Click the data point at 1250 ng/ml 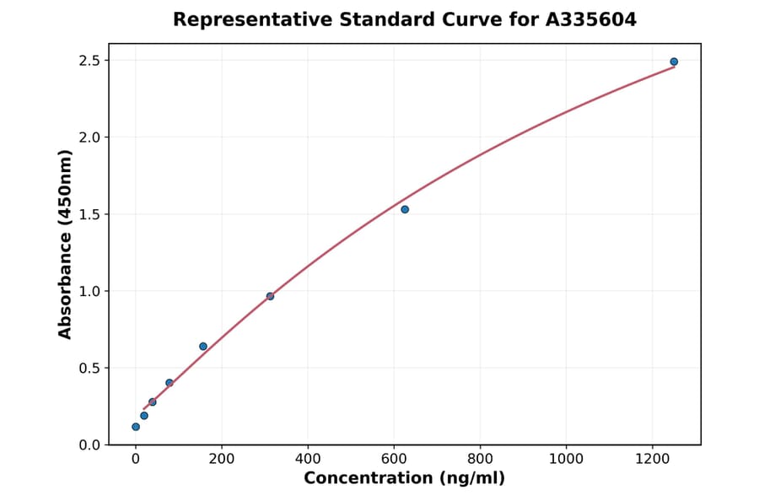[674, 62]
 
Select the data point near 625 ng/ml [405, 209]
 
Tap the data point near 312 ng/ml [270, 296]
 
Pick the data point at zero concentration [136, 427]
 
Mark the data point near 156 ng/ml [203, 346]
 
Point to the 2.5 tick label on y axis [89, 61]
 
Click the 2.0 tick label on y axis [89, 137]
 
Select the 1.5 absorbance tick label [89, 214]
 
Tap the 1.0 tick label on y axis [89, 291]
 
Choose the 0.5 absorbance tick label [89, 368]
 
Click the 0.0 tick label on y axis [89, 444]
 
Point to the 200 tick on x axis [222, 459]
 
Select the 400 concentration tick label [308, 459]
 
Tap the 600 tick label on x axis [394, 459]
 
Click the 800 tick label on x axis [480, 459]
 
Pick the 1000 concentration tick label [566, 459]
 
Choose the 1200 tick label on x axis [652, 459]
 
